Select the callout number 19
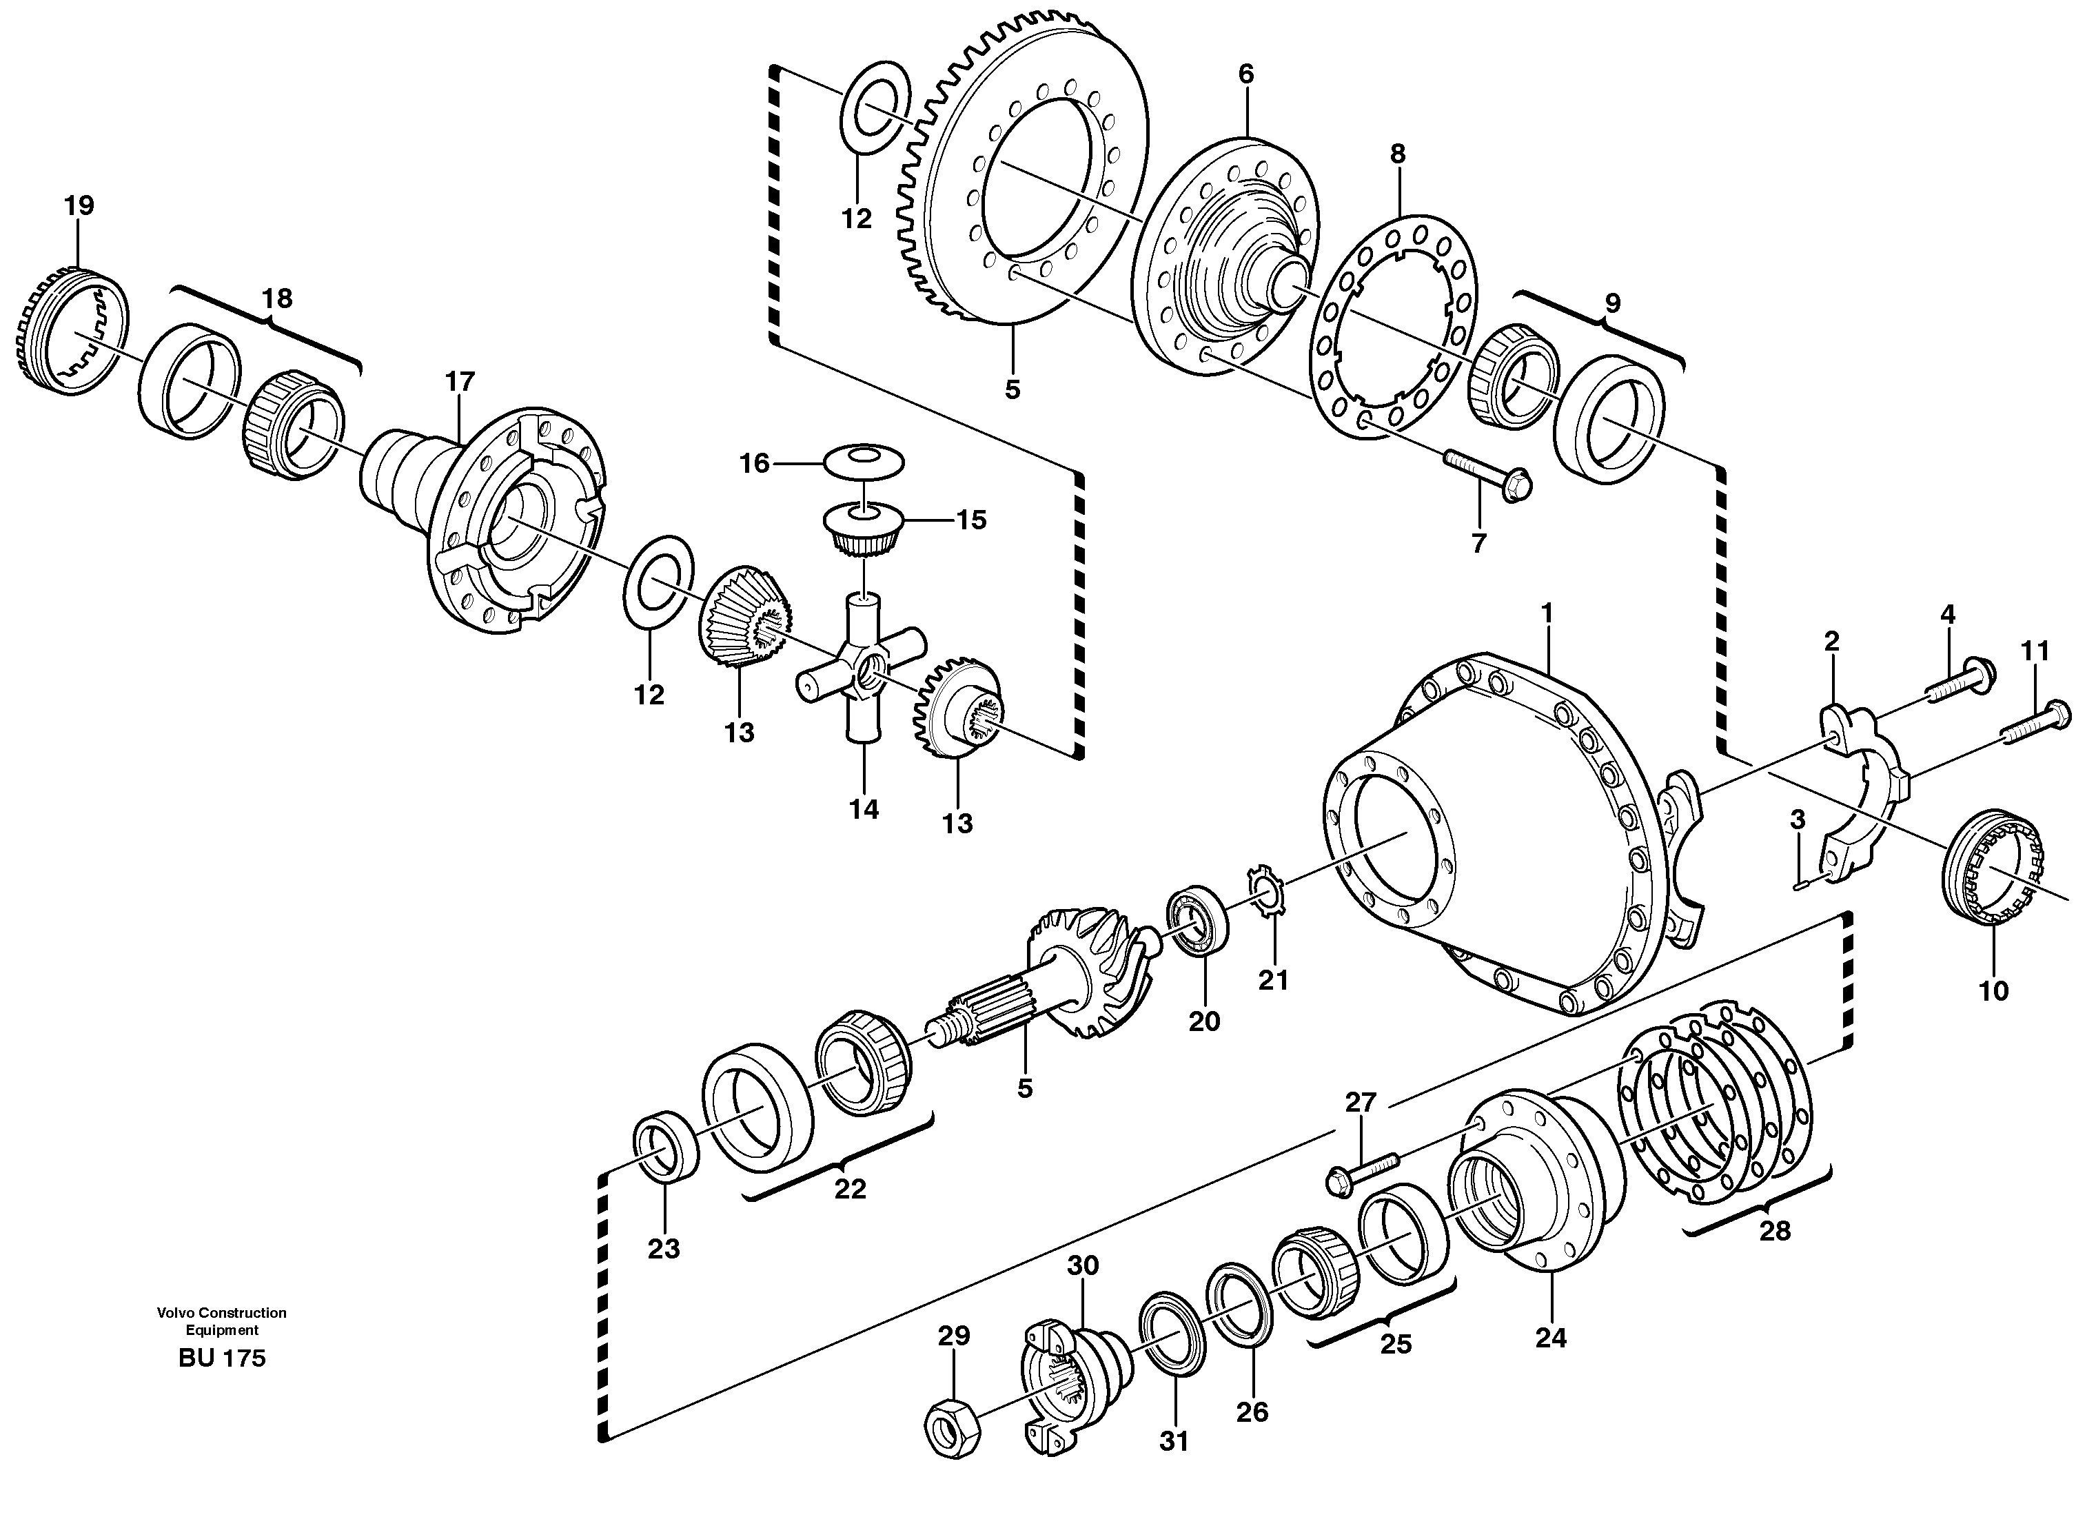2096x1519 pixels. coord(79,205)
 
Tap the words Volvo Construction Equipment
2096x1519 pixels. coord(222,1321)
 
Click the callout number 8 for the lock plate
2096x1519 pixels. coord(1397,154)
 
